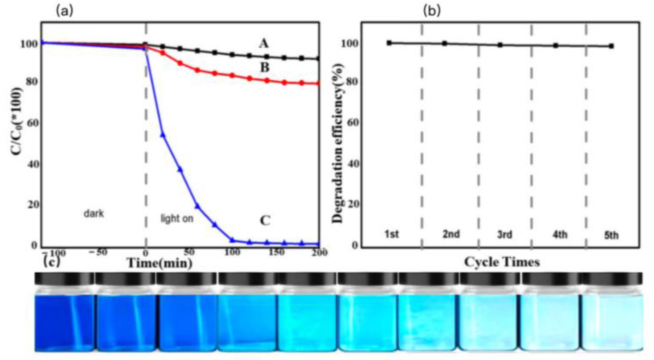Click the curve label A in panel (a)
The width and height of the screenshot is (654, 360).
click(x=264, y=44)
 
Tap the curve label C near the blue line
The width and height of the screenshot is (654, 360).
click(x=265, y=221)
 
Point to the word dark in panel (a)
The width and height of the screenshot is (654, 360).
click(x=94, y=214)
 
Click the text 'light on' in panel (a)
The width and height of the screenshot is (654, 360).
click(x=177, y=219)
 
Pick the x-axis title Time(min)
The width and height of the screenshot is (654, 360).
click(x=160, y=263)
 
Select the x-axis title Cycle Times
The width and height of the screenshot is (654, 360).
click(x=502, y=262)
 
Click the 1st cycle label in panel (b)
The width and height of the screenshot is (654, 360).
click(x=392, y=234)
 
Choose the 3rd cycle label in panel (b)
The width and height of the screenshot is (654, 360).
click(x=505, y=235)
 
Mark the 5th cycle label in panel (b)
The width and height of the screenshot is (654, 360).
click(x=611, y=236)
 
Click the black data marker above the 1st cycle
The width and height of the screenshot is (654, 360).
click(x=389, y=43)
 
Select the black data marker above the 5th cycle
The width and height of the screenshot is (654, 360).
click(x=611, y=46)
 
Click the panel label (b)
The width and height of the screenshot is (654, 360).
click(x=432, y=11)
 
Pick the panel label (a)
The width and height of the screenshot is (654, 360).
click(x=64, y=11)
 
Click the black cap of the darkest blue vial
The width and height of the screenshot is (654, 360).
click(x=64, y=278)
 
